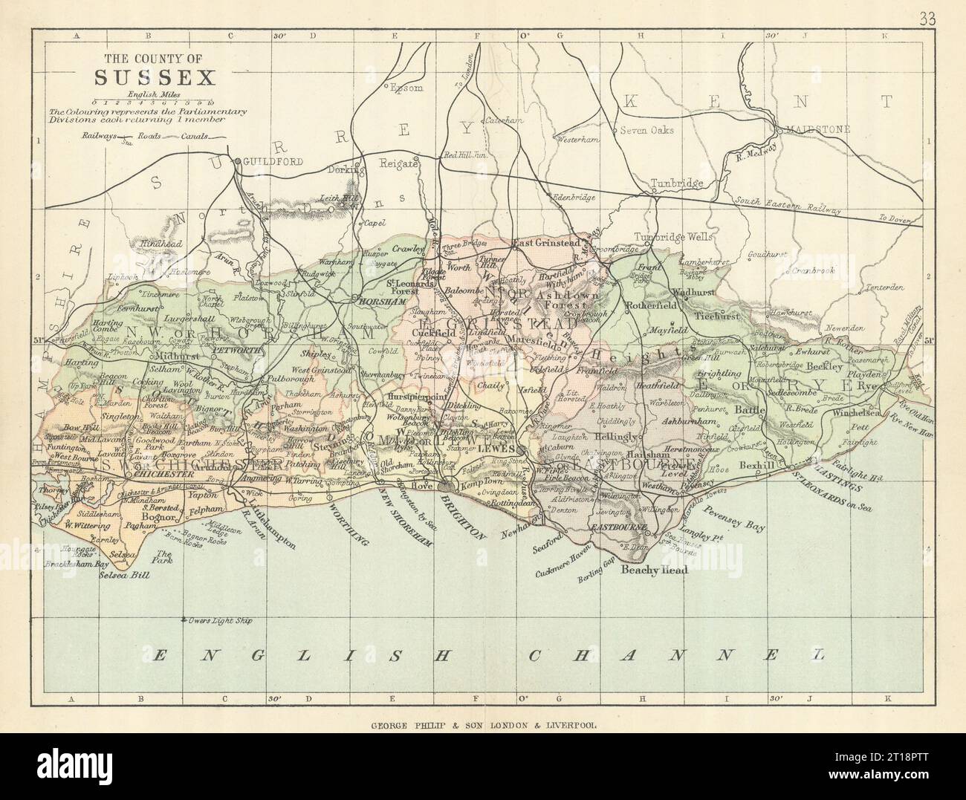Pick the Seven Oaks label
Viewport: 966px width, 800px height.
[648, 130]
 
